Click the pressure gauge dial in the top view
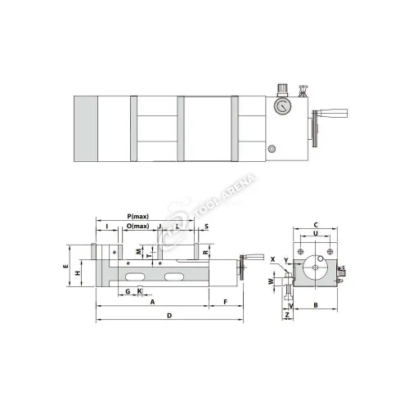click(x=280, y=105)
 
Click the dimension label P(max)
click(x=137, y=215)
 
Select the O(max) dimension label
click(x=137, y=226)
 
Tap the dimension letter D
click(x=169, y=315)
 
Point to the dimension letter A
click(x=153, y=302)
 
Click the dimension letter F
click(x=225, y=302)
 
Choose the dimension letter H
click(x=76, y=273)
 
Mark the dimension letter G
click(x=128, y=291)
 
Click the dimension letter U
click(x=315, y=234)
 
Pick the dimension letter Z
click(x=288, y=315)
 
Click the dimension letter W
click(x=270, y=281)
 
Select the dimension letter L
click(x=178, y=226)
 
